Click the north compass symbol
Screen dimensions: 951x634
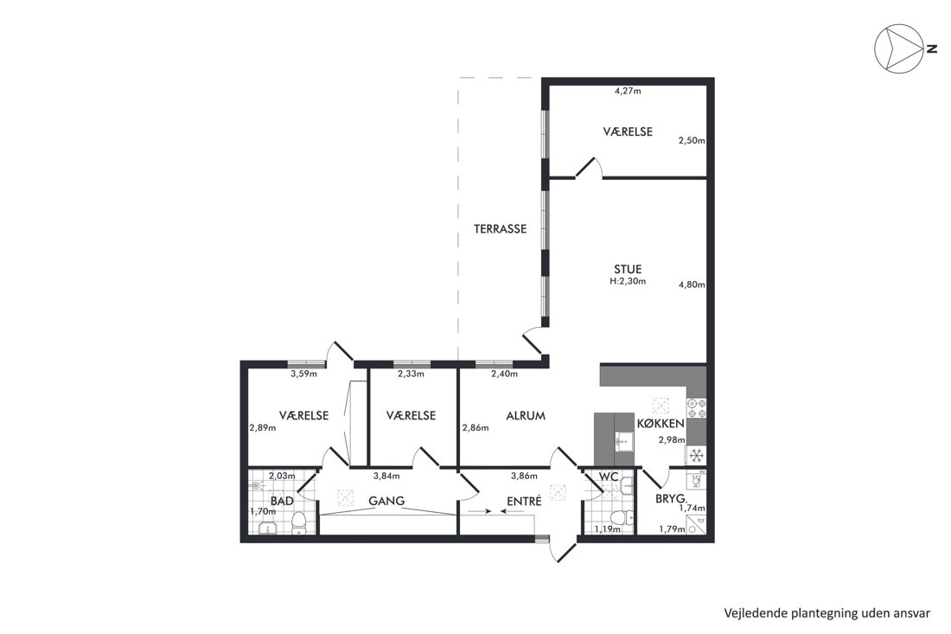897,48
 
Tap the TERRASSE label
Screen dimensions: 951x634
500,228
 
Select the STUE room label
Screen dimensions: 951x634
628,269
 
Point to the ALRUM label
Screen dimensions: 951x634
526,415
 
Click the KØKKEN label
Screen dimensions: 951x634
661,424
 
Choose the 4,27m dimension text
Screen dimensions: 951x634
628,92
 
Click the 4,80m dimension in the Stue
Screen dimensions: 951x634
692,284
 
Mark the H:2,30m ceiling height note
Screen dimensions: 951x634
628,281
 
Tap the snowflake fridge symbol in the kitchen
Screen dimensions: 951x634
696,455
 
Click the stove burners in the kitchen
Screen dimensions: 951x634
696,407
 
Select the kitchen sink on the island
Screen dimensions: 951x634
622,442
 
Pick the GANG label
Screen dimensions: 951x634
387,501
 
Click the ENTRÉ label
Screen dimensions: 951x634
524,501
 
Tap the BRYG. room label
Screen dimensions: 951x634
671,499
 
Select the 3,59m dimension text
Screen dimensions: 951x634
303,374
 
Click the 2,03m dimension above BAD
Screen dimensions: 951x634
282,477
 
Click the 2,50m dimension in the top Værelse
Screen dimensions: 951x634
692,140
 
